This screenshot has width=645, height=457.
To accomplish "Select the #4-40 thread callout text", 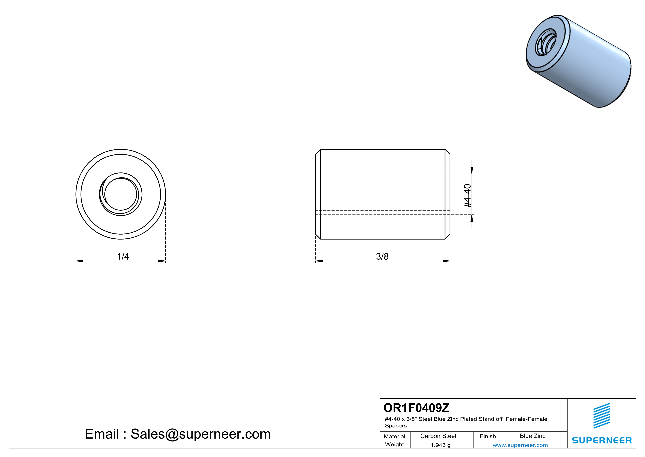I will (467, 196).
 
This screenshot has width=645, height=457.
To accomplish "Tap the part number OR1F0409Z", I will (416, 408).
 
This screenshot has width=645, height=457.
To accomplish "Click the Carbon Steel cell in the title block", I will (438, 436).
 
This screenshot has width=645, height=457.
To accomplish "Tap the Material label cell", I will (395, 436).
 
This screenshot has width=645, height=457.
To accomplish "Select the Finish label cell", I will (488, 436).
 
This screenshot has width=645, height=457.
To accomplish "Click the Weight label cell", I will (395, 444).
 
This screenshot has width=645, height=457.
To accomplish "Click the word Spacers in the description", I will (396, 426).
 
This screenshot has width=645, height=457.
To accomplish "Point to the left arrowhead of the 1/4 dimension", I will (79, 261).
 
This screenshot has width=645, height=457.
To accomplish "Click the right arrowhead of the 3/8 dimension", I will (447, 261).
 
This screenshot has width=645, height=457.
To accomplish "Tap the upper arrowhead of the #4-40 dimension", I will (472, 170).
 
